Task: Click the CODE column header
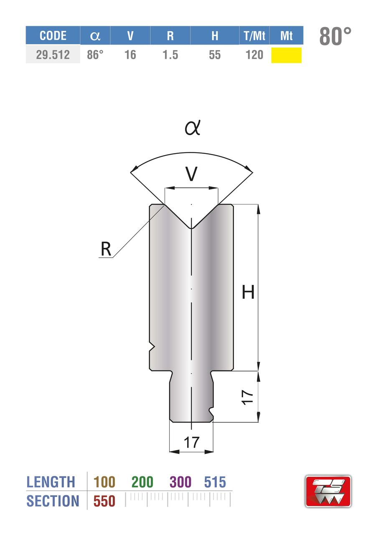[x=53, y=35]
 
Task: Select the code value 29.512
[x=53, y=55]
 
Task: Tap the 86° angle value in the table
[x=95, y=55]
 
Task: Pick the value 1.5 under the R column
[x=170, y=55]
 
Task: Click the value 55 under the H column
[x=215, y=55]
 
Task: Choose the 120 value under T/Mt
[x=254, y=55]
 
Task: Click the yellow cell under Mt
[x=287, y=55]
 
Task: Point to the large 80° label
[x=335, y=36]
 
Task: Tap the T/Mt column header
[x=254, y=35]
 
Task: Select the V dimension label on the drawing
[x=191, y=174]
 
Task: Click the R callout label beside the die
[x=106, y=249]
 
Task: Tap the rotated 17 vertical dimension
[x=247, y=398]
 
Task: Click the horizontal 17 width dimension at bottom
[x=191, y=442]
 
